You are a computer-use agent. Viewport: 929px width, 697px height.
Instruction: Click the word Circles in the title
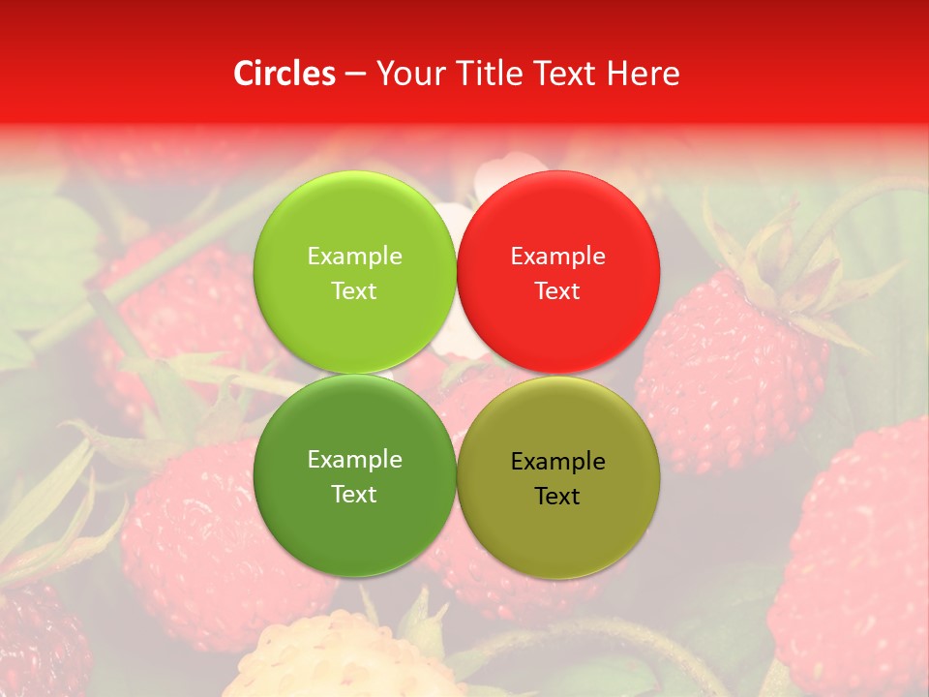[x=284, y=74]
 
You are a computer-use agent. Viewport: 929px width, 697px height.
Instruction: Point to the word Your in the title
[x=409, y=74]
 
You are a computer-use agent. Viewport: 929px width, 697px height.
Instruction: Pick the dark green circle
[x=354, y=528]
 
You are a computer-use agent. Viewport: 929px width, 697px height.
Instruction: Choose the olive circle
[x=558, y=528]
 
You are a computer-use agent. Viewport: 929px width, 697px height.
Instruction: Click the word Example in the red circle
[x=558, y=257]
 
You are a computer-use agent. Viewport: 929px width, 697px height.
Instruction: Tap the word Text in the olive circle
[x=557, y=497]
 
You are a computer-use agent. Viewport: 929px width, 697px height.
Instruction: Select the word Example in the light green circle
[x=354, y=257]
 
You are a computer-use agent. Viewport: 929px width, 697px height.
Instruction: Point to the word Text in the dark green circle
[x=354, y=495]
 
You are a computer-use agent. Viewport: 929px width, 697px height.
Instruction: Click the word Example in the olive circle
[x=558, y=462]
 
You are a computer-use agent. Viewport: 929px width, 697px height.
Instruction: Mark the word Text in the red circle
[x=557, y=291]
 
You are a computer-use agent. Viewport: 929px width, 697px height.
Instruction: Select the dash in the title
[x=355, y=75]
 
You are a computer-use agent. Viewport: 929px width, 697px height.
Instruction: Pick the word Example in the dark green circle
[x=354, y=460]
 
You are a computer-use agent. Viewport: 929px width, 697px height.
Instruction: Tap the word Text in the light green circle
[x=354, y=291]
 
